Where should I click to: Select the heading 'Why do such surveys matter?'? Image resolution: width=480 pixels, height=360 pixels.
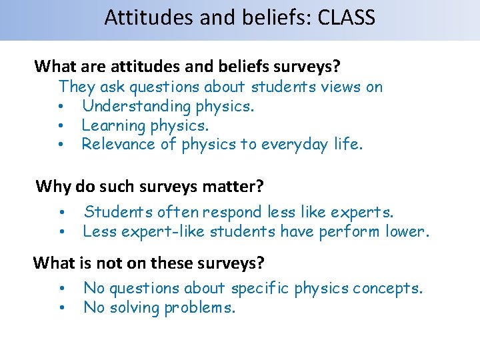pos(149,185)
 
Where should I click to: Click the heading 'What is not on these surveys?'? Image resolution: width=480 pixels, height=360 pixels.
pos(149,263)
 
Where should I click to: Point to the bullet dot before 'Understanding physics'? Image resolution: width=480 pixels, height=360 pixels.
pos(61,107)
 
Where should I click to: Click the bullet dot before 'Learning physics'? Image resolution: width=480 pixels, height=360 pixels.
pos(61,126)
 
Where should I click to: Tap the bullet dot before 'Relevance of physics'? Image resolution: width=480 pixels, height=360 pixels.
pos(61,145)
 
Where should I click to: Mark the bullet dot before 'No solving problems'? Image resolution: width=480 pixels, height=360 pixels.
pos(61,309)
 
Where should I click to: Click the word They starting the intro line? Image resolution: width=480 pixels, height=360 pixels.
pos(77,87)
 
